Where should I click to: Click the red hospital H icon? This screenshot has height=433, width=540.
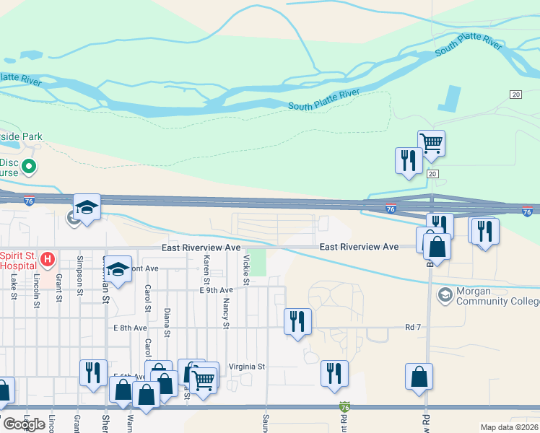pyautogui.click(x=48, y=258)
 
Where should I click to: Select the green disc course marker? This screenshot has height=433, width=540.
pyautogui.click(x=29, y=167)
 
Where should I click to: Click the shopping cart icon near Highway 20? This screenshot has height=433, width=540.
pyautogui.click(x=431, y=143)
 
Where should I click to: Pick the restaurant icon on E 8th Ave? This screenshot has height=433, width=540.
pyautogui.click(x=297, y=321)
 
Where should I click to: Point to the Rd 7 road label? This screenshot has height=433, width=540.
pyautogui.click(x=413, y=328)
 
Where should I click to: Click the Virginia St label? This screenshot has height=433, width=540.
pyautogui.click(x=247, y=367)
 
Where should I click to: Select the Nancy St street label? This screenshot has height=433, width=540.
pyautogui.click(x=225, y=314)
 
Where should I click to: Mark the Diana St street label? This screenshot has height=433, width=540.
pyautogui.click(x=167, y=323)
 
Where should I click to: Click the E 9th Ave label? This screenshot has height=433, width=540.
pyautogui.click(x=217, y=290)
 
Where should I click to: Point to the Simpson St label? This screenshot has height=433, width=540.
pyautogui.click(x=80, y=269)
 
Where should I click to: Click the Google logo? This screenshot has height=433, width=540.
pyautogui.click(x=23, y=424)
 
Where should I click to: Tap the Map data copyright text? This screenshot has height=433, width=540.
pyautogui.click(x=510, y=427)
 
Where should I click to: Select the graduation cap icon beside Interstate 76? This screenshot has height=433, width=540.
pyautogui.click(x=87, y=208)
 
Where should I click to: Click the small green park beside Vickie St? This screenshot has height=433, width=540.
pyautogui.click(x=258, y=261)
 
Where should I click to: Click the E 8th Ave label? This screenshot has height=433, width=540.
pyautogui.click(x=131, y=328)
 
